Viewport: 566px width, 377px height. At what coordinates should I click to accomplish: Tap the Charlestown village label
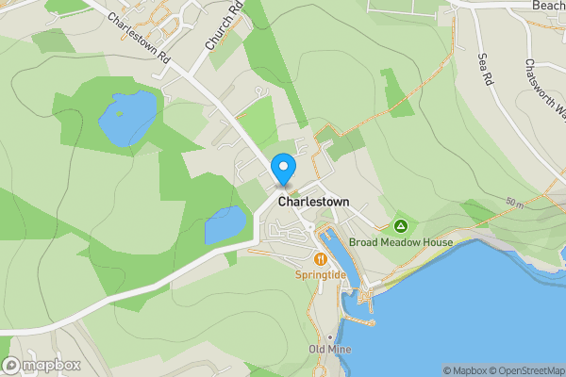click(x=313, y=202)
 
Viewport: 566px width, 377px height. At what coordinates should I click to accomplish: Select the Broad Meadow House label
click(x=401, y=242)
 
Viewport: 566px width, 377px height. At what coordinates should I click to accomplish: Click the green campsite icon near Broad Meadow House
click(x=401, y=226)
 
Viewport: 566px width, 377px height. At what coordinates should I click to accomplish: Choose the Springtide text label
click(x=321, y=274)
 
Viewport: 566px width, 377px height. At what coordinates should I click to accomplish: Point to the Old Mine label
click(x=329, y=350)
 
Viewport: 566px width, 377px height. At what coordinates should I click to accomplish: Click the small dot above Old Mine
click(x=329, y=336)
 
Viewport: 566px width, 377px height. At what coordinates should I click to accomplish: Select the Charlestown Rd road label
click(x=138, y=38)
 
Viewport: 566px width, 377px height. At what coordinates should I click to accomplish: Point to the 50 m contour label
click(x=513, y=204)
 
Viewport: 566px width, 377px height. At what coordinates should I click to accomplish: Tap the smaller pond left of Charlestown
click(x=225, y=225)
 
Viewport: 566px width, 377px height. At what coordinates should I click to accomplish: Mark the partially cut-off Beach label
click(x=548, y=6)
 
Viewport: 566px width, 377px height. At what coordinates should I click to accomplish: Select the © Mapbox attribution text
click(x=464, y=370)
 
